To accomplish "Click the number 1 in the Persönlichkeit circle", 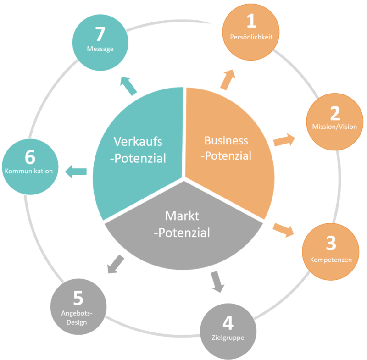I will tap(251, 21).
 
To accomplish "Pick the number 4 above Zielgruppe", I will tap(228, 323).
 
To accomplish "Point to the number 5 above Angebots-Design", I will tap(78, 298).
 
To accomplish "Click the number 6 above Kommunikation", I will tap(30, 157).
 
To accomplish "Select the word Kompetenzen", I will tap(331, 260).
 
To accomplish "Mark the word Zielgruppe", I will tap(228, 338).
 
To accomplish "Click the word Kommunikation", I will tap(30, 171).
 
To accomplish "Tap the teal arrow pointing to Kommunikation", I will tap(76, 172).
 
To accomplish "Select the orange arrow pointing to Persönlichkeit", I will tap(228, 79).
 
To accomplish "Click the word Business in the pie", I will tap(226, 140).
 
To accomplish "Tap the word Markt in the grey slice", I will tap(182, 216).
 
